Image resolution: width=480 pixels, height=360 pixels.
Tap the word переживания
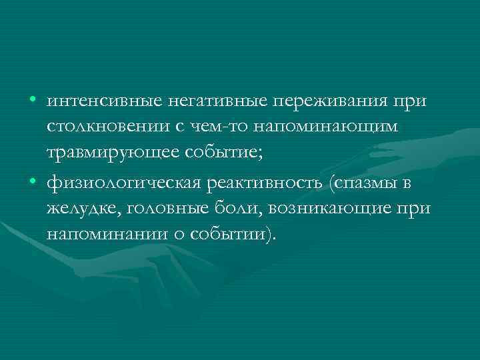331,101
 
